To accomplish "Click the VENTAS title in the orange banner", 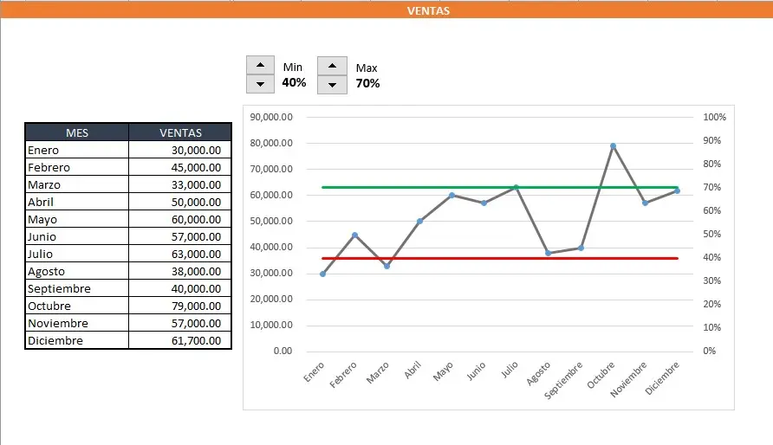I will pyautogui.click(x=428, y=11).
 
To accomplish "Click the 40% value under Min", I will pyautogui.click(x=294, y=83).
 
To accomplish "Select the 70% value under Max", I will pyautogui.click(x=367, y=84).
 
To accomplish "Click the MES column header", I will pyautogui.click(x=77, y=132).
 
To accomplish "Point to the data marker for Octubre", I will pyautogui.click(x=613, y=146).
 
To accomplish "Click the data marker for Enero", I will pyautogui.click(x=322, y=274).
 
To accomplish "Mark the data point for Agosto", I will pyautogui.click(x=548, y=253).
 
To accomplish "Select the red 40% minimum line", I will pyautogui.click(x=451, y=258).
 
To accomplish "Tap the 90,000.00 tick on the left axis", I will pyautogui.click(x=270, y=117).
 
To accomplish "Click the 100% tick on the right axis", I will pyautogui.click(x=715, y=117).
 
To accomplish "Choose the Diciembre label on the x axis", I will pyautogui.click(x=665, y=379).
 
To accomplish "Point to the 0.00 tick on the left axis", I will pyautogui.click(x=283, y=351).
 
